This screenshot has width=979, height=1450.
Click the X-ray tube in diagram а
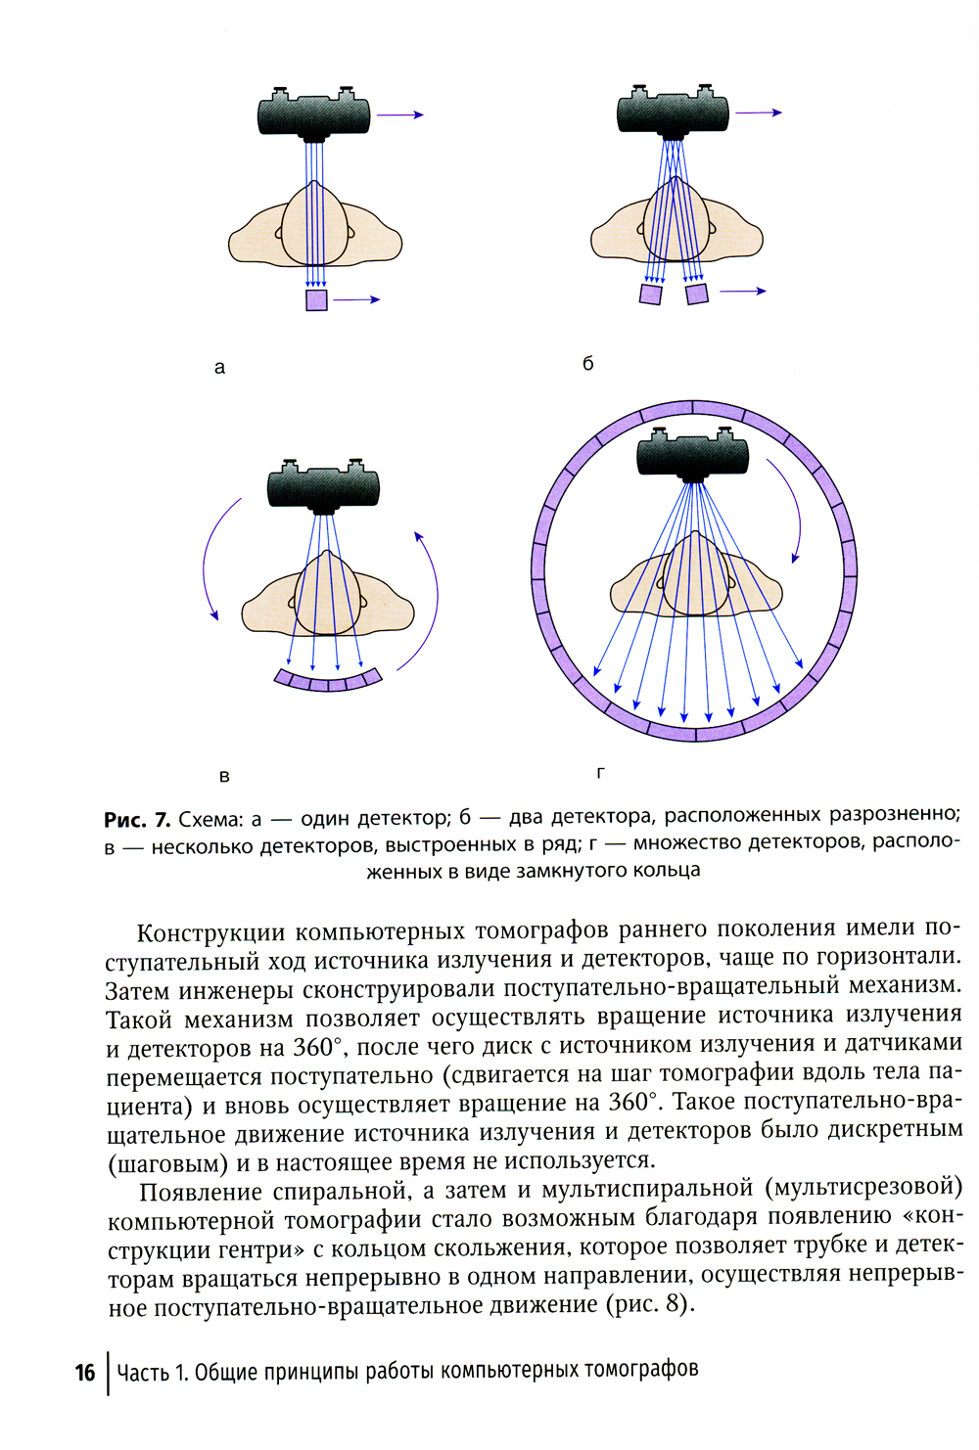pos(315,114)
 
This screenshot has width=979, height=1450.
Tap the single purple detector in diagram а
pos(316,299)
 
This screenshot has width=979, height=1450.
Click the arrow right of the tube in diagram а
pos(399,115)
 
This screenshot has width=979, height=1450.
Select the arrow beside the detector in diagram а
pos(357,299)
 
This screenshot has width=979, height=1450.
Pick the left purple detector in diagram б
pos(650,293)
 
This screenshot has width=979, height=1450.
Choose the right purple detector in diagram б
pos(697,293)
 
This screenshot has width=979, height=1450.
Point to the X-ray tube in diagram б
pos(674,113)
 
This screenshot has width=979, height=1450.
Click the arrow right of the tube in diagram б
pos(759,113)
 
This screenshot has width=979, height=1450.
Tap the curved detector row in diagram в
pos(327,680)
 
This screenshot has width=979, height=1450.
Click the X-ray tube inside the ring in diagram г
pos(693,457)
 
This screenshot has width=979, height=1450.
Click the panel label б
pos(587,363)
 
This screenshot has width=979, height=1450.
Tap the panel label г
pos(600,772)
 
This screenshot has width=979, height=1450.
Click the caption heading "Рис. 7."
pos(137,820)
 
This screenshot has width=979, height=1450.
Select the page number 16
pos(85,1372)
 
